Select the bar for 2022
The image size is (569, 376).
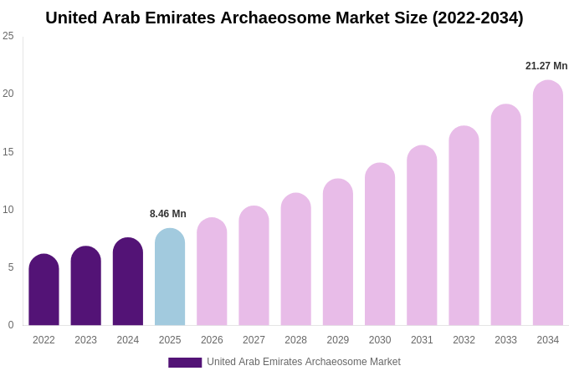[44, 290]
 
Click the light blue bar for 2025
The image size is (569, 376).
[170, 277]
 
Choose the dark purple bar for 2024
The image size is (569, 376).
[128, 282]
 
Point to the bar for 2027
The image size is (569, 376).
[254, 266]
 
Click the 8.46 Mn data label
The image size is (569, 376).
[168, 214]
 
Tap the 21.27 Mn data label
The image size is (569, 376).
[546, 66]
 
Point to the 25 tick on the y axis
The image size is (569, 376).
[8, 36]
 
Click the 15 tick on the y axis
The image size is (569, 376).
[8, 152]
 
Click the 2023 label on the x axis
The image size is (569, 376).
[86, 340]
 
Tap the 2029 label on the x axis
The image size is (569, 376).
[338, 340]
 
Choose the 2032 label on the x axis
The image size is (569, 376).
[464, 340]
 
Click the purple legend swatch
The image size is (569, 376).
[185, 363]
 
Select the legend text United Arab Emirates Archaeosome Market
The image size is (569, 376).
[304, 362]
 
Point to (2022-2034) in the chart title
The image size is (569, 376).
[478, 18]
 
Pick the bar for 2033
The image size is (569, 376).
[505, 215]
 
